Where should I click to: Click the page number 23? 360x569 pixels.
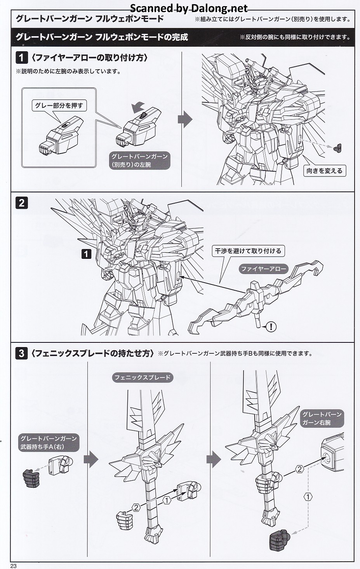14,566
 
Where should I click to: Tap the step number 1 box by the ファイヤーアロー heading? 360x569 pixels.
21,58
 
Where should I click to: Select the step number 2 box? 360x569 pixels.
21,202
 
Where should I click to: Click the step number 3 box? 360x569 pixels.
21,353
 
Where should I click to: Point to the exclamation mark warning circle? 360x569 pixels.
271,326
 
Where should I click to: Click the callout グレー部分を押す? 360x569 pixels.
59,105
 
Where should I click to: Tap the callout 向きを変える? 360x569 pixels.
324,171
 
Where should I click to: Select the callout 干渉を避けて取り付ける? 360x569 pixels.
248,251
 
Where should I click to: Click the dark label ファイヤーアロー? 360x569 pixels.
264,269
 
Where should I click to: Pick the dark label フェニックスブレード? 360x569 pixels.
143,377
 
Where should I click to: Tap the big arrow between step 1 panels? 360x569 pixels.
185,120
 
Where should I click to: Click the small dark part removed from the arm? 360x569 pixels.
338,148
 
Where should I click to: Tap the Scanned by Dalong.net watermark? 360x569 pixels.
189,8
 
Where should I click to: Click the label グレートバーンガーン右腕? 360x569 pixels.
322,418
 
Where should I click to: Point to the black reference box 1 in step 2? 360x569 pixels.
86,254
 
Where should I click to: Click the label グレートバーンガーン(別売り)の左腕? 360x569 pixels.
140,160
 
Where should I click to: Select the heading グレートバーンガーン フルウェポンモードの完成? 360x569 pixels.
102,37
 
